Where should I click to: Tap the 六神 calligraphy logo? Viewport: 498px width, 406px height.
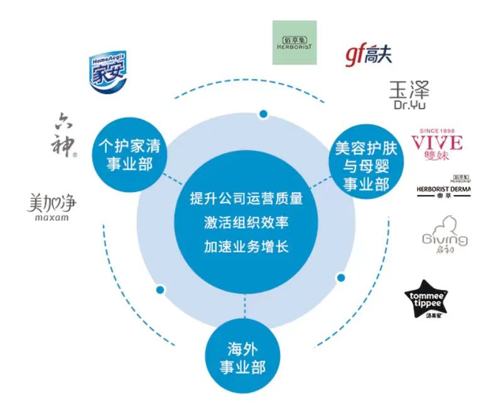pos(63,135)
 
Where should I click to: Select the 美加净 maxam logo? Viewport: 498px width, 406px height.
pos(53,207)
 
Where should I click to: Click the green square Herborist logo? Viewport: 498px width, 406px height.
pos(295,43)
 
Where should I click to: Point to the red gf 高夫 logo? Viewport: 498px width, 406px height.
pos(369,55)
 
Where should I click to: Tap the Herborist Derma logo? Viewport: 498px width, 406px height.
pos(443,186)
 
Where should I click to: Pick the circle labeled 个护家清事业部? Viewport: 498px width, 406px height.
pos(129,154)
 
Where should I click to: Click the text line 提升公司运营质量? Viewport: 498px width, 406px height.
pos(246,199)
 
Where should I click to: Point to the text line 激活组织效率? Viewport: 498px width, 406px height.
pos(246,223)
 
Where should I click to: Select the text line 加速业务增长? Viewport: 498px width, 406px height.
pos(246,247)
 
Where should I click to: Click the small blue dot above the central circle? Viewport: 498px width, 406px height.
pos(263,114)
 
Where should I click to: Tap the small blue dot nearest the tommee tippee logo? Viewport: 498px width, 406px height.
pos(341,277)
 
